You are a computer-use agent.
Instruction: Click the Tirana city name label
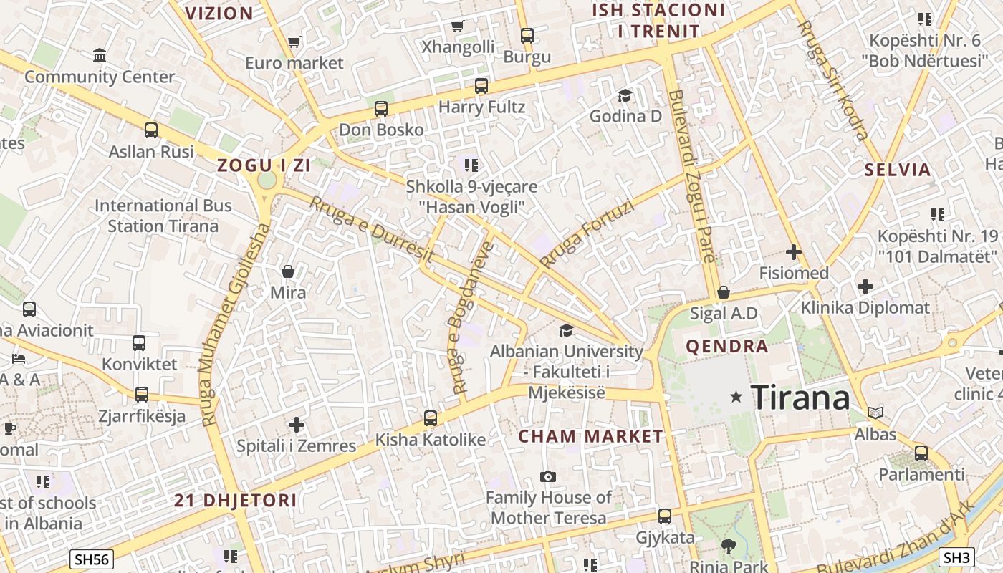[800, 396]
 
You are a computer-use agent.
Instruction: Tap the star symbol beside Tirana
[736, 396]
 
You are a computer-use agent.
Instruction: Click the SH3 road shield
[957, 557]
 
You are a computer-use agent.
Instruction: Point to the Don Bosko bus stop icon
[381, 109]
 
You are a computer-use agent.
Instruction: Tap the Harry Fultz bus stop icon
[481, 86]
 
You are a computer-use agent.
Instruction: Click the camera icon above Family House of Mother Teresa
[548, 476]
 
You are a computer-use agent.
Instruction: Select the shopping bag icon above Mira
[288, 271]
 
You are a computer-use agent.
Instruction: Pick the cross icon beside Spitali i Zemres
[297, 425]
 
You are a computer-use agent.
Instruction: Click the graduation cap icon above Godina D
[625, 95]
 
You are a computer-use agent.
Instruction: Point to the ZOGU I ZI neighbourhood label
[264, 165]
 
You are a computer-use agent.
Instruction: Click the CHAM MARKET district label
[591, 436]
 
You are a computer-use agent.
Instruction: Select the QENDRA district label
[727, 347]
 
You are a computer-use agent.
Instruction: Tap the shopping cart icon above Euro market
[294, 42]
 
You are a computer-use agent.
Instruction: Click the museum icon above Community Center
[100, 55]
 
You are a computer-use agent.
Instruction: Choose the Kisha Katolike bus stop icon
[431, 418]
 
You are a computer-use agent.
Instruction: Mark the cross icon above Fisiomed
[793, 252]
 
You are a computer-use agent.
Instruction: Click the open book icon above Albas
[875, 413]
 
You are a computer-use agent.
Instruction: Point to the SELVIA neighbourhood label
[898, 170]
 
